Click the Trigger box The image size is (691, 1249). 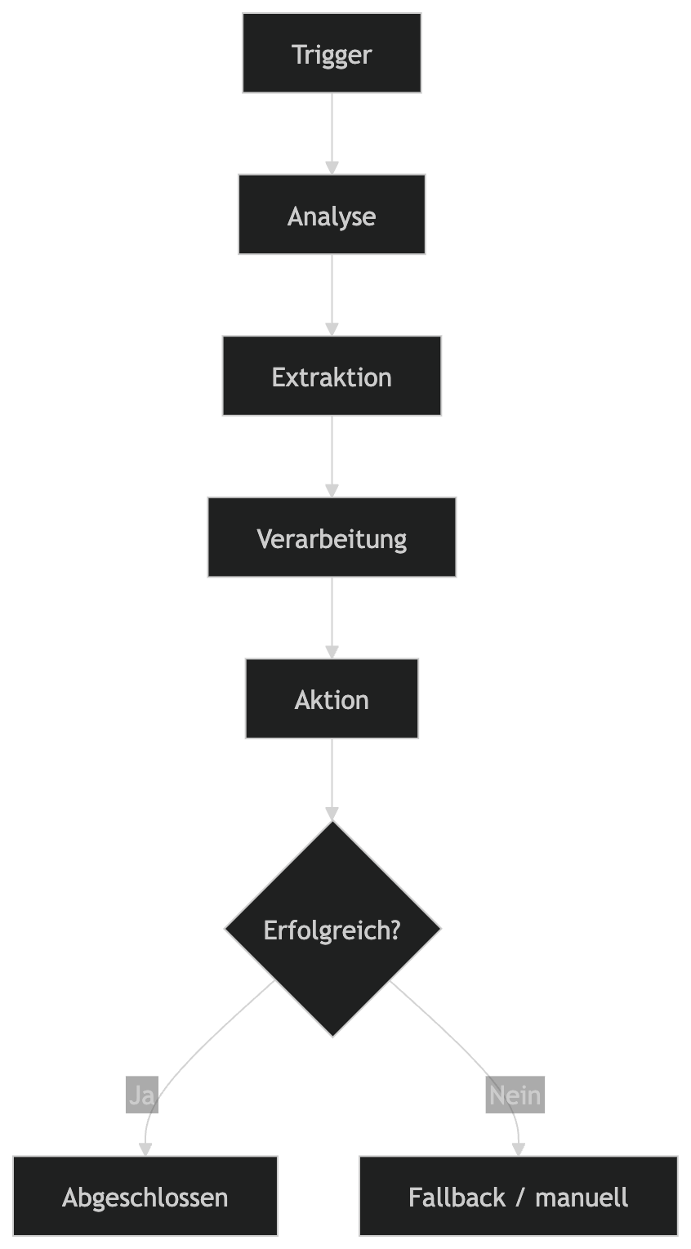click(332, 53)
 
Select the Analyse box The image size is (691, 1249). click(332, 214)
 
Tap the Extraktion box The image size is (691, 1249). click(332, 376)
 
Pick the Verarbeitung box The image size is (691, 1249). click(332, 538)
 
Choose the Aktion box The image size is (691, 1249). click(332, 698)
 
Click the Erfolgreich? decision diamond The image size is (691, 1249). click(332, 929)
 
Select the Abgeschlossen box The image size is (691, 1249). click(145, 1197)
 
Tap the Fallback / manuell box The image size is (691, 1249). click(518, 1197)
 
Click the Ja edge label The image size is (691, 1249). click(142, 1095)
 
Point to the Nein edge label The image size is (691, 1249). click(515, 1095)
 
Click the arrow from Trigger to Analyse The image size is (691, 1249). click(332, 131)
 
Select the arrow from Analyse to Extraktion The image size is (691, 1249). click(332, 292)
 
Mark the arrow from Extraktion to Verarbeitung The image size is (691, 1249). click(332, 454)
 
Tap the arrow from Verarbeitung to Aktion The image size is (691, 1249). click(332, 616)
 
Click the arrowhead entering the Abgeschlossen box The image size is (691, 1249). click(145, 1149)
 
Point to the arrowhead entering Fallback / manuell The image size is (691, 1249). click(518, 1149)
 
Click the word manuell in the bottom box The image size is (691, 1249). click(582, 1198)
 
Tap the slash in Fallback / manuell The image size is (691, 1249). click(520, 1198)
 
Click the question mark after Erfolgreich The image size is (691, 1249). click(395, 930)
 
